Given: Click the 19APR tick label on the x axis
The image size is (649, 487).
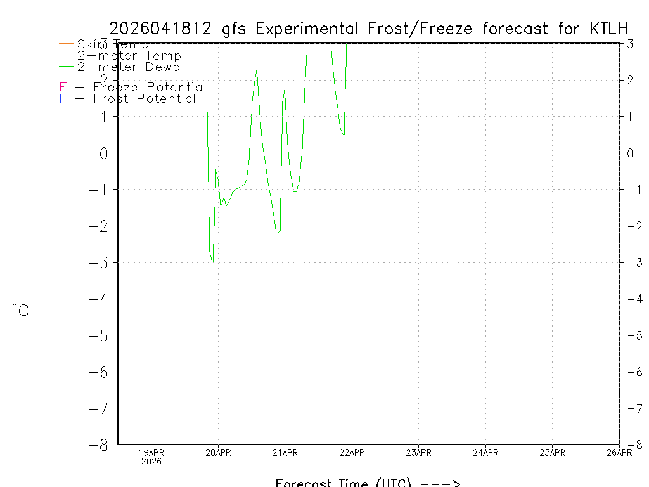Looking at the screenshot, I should click(151, 453).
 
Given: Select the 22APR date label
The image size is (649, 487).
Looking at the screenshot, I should click(352, 453).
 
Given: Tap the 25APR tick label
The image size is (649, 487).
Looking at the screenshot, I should click(552, 453).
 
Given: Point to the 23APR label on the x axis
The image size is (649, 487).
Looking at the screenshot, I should click(418, 453).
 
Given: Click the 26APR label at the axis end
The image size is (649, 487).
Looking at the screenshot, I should click(619, 453).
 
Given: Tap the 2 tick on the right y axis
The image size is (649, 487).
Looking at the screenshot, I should click(631, 80).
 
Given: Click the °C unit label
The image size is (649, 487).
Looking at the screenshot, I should click(20, 310).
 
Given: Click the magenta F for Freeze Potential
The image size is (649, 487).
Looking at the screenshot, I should click(63, 87).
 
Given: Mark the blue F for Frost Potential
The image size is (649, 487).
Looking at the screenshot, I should click(63, 98).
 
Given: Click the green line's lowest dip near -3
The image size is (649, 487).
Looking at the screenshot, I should click(212, 262).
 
